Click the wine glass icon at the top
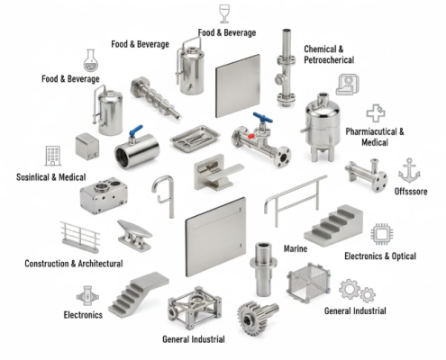pos(225,13)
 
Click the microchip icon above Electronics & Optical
pos(381,234)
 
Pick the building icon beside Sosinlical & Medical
pos(52,155)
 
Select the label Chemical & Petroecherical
pos(329,54)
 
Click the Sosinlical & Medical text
pos(46,176)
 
